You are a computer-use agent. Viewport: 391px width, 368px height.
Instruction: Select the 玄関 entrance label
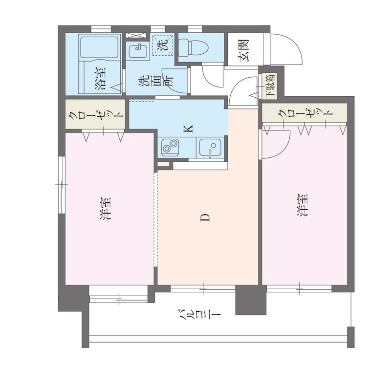[x=244, y=50]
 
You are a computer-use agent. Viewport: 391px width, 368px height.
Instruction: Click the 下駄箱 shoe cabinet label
[x=271, y=85]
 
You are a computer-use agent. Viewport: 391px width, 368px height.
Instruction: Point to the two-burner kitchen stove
[x=170, y=147]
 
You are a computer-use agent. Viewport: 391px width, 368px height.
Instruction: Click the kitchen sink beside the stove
[x=210, y=148]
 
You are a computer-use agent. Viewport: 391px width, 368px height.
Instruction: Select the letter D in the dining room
[x=205, y=217]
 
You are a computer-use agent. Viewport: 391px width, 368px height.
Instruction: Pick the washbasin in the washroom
[x=137, y=51]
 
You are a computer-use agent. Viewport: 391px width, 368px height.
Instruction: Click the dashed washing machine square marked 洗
[x=163, y=45]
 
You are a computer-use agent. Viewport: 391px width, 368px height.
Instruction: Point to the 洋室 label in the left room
[x=105, y=209]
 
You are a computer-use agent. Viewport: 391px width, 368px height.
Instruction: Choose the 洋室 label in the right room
[x=302, y=205]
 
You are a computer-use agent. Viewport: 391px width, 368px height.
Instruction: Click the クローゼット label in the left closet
[x=96, y=114]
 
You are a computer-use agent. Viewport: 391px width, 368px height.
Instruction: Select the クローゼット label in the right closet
[x=305, y=113]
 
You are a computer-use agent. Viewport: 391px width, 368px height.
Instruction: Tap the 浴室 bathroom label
[x=100, y=79]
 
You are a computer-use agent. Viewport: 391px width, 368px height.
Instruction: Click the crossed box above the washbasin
[x=136, y=35]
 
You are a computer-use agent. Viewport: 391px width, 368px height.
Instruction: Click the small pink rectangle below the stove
[x=164, y=164]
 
